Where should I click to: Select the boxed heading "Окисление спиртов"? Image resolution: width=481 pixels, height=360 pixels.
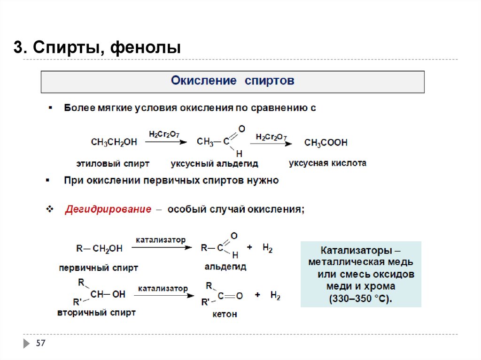[233, 81]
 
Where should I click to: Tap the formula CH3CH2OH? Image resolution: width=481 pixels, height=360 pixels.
[114, 142]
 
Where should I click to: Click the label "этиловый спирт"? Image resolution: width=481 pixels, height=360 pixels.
[113, 164]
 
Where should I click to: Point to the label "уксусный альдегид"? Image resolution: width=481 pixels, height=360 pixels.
[214, 164]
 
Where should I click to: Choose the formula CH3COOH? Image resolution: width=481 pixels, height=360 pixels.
[326, 142]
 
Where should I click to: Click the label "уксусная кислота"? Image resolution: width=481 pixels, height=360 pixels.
[327, 163]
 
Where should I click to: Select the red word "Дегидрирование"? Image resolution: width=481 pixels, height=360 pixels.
[108, 209]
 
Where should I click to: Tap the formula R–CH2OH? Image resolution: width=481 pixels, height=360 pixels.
[99, 248]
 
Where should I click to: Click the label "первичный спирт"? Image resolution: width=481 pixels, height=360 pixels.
[99, 268]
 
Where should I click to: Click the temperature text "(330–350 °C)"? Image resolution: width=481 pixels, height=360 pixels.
[360, 299]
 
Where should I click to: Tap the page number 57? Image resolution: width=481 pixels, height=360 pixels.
[41, 344]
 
